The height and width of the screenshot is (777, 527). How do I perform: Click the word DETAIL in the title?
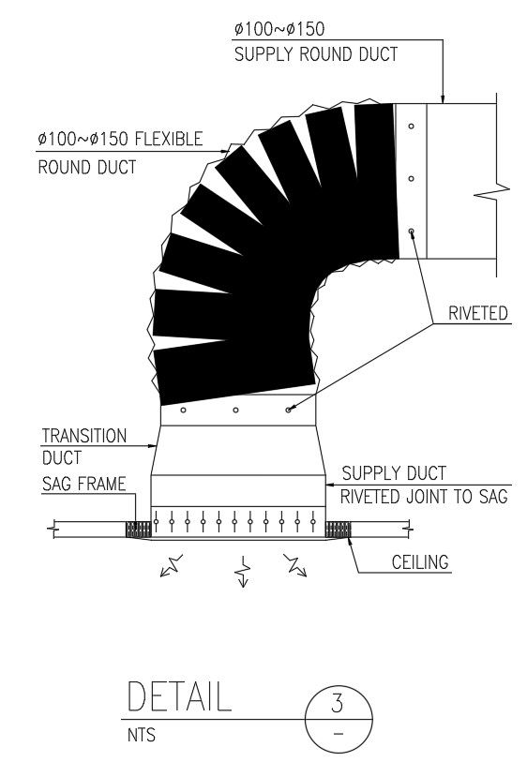[x=178, y=698]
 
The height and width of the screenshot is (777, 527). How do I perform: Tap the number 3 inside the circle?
[x=339, y=700]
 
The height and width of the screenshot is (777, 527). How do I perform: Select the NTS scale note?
[x=141, y=737]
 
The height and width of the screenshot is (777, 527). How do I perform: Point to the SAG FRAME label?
[x=83, y=486]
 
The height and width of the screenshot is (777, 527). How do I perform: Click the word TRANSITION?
[x=83, y=436]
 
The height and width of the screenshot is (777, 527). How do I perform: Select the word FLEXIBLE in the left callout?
[x=169, y=140]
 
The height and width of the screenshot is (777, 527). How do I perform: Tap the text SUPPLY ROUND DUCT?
[x=315, y=54]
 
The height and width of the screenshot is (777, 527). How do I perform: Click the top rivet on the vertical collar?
[x=411, y=125]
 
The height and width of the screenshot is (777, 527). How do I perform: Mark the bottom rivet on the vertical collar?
[x=411, y=230]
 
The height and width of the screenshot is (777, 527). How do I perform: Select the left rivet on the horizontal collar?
[x=184, y=410]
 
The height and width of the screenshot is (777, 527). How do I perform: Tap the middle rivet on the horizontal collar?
[x=235, y=410]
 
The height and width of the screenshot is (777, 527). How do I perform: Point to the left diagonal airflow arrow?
[x=173, y=565]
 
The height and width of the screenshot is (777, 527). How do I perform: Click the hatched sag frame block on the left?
[x=138, y=530]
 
